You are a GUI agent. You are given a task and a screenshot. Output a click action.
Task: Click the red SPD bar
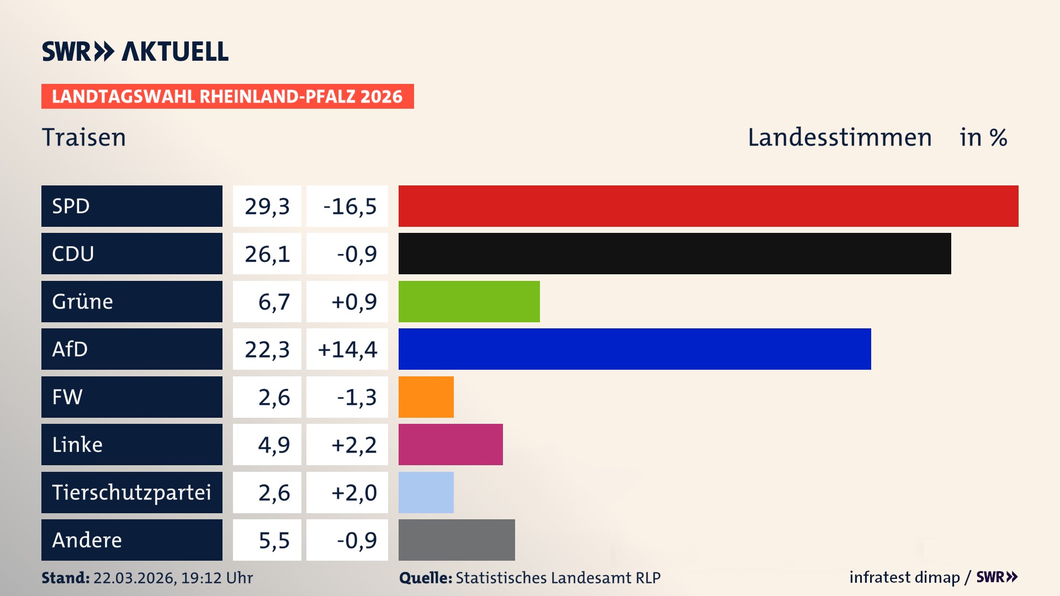[708, 206]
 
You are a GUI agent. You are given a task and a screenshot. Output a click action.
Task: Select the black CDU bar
[675, 254]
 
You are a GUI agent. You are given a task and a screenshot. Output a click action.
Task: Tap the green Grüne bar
[469, 301]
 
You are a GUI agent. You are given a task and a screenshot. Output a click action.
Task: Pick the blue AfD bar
[635, 349]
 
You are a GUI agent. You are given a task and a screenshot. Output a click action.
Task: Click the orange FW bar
[426, 397]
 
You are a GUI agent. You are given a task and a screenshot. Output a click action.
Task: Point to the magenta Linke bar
[451, 445]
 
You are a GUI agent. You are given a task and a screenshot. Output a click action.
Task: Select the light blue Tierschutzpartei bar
[426, 492]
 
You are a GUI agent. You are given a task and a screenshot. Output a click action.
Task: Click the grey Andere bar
[457, 540]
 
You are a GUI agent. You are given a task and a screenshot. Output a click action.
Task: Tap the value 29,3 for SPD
[267, 206]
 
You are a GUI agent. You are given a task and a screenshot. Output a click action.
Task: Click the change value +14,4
[347, 349]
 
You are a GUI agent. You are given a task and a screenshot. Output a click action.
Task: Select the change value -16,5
[349, 206]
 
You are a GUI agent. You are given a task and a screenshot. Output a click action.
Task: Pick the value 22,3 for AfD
[267, 349]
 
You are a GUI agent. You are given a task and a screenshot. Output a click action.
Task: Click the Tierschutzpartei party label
[131, 492]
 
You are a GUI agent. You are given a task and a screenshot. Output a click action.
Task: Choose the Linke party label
[77, 445]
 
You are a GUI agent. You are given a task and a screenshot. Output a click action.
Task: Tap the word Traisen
[84, 137]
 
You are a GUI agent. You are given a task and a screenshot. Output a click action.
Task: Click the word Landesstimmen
[839, 137]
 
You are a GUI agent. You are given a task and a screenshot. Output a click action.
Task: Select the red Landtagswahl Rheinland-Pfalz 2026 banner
[227, 97]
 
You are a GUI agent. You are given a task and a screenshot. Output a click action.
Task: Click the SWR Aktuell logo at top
[135, 51]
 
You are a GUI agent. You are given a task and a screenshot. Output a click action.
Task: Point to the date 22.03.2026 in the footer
[134, 578]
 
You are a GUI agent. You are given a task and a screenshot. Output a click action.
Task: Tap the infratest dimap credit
[904, 577]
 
